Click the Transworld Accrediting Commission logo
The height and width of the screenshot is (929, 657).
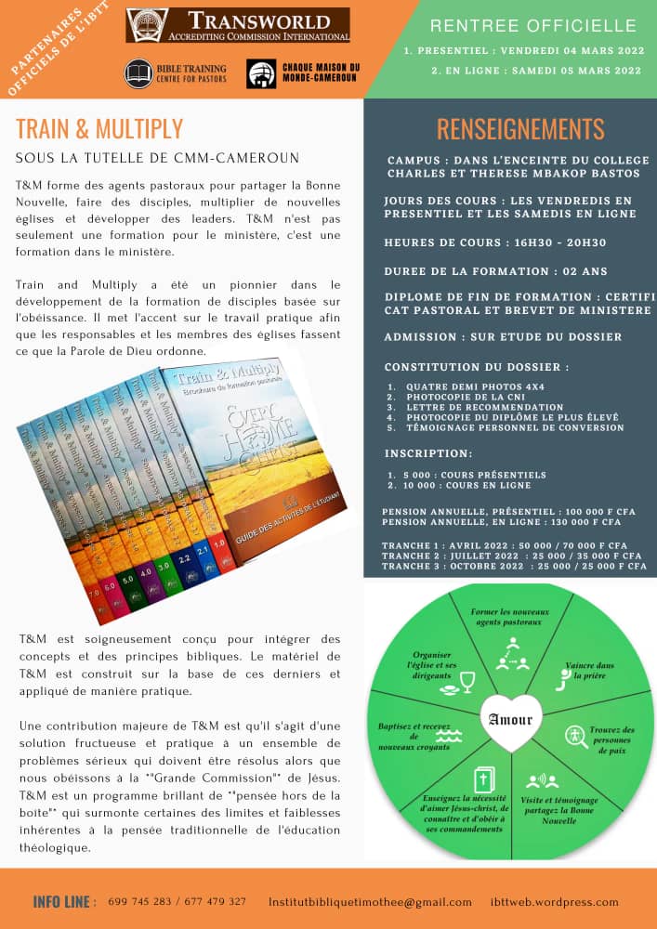click(x=238, y=25)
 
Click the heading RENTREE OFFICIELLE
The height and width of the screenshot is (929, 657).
click(x=533, y=26)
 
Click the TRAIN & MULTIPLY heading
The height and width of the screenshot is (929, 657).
click(x=99, y=128)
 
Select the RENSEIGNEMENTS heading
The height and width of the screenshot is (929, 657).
click(x=520, y=129)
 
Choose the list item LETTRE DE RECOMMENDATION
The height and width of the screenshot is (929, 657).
click(x=484, y=407)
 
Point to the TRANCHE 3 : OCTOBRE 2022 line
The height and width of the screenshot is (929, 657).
click(x=511, y=565)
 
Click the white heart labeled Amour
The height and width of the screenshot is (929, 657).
click(x=510, y=720)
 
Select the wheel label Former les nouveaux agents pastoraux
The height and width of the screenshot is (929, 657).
click(x=510, y=617)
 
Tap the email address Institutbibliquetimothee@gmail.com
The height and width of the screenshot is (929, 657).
click(x=370, y=901)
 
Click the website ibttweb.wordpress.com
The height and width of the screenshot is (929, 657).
click(x=555, y=901)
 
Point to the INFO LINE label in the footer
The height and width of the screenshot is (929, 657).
click(x=64, y=901)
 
